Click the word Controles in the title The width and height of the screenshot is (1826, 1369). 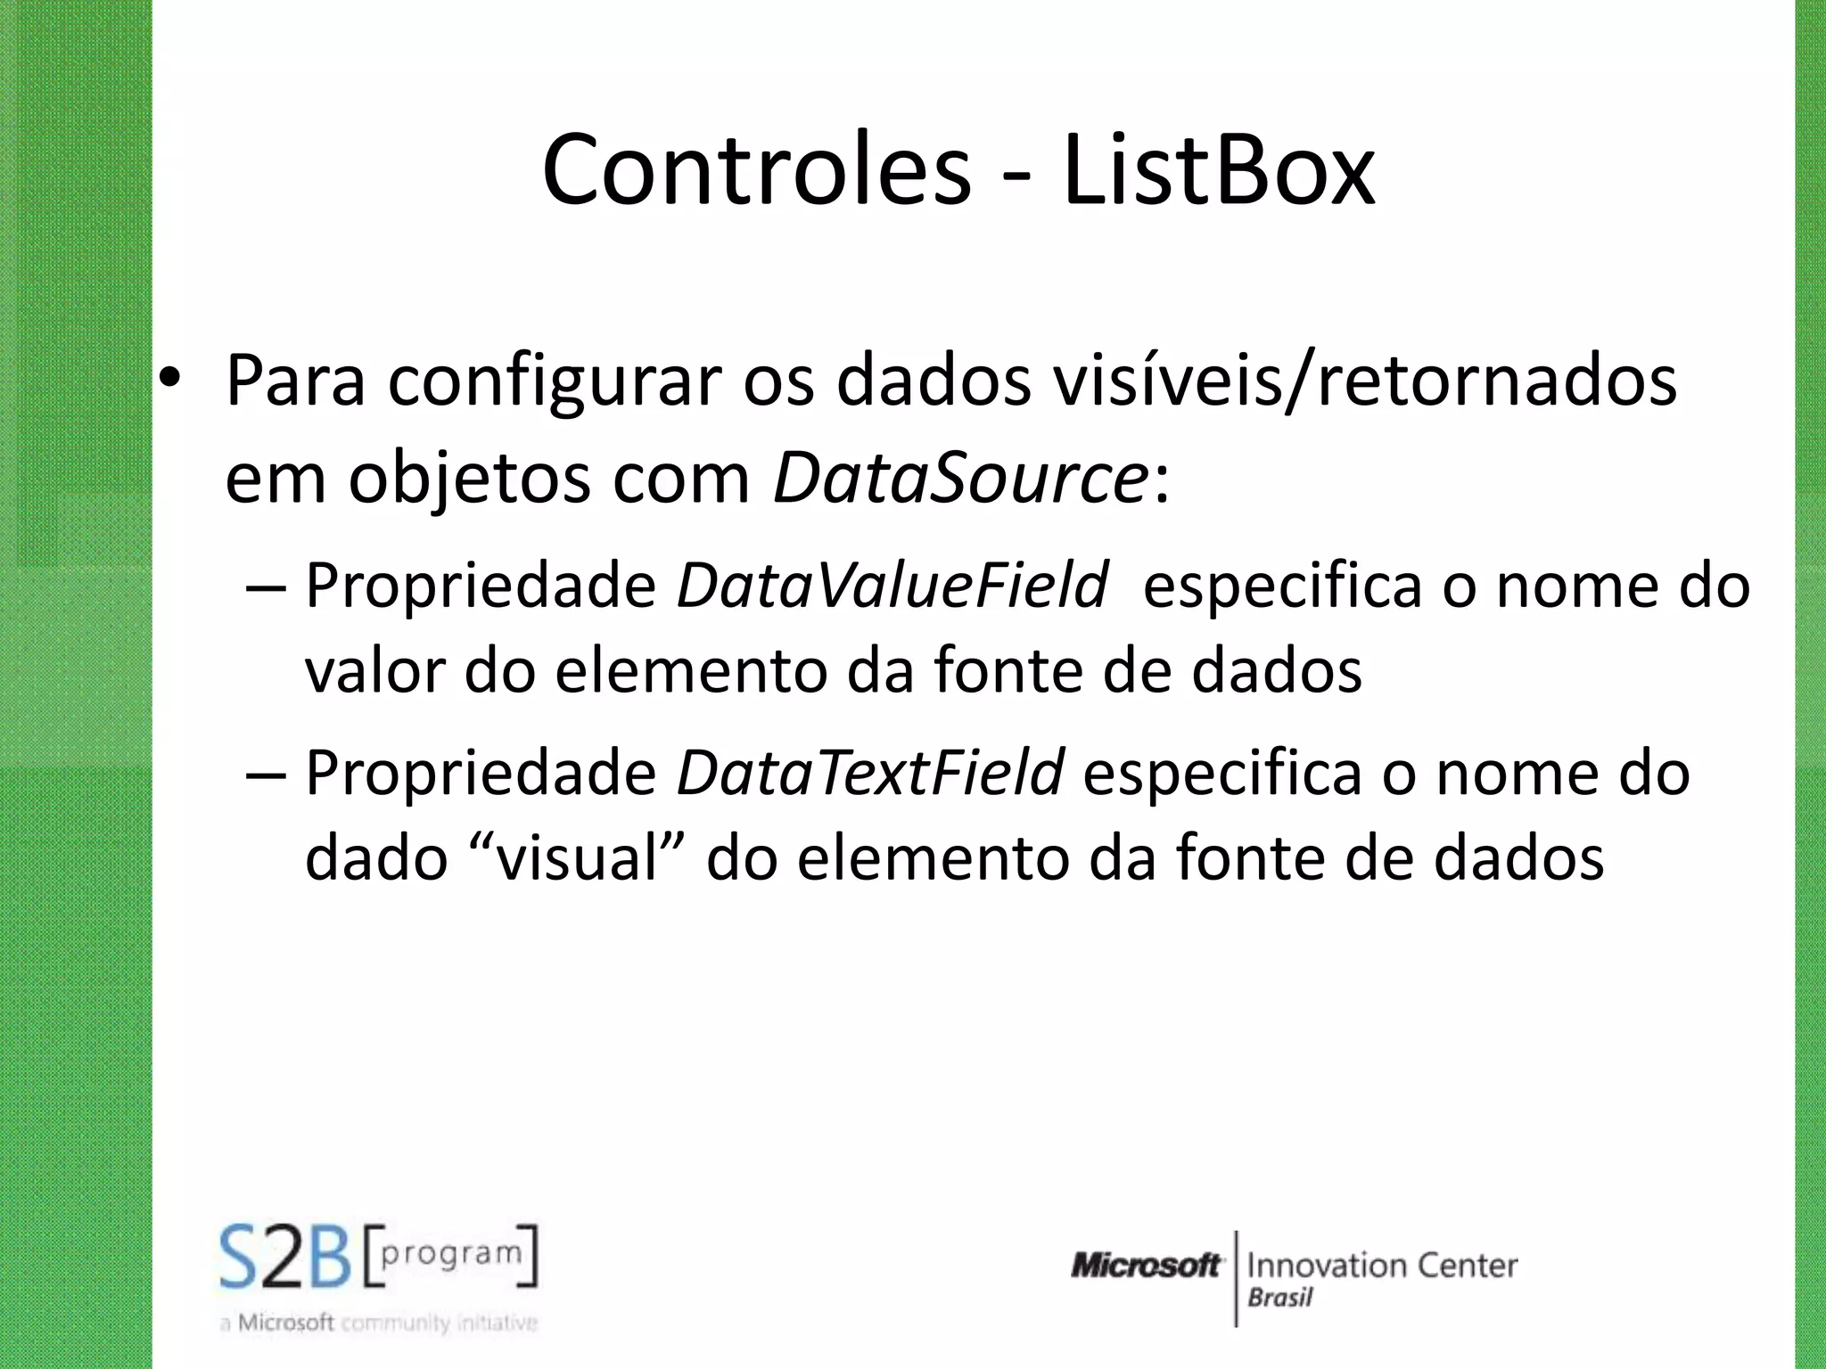point(756,169)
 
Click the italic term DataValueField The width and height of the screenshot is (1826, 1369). point(892,586)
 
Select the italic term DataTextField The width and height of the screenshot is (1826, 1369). point(870,772)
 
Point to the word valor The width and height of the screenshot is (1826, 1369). point(374,670)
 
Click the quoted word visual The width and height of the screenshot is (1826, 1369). point(575,857)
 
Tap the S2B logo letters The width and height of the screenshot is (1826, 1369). point(285,1258)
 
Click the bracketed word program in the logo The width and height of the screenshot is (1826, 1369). point(451,1255)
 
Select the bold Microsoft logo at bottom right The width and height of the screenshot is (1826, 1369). point(1147,1266)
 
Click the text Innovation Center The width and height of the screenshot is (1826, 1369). point(1382,1266)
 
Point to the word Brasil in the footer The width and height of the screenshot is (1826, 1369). point(1280,1298)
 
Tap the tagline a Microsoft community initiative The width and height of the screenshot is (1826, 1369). point(379,1324)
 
